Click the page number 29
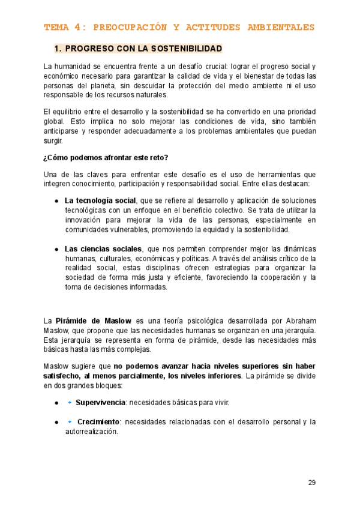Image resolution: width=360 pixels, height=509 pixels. pos(311,482)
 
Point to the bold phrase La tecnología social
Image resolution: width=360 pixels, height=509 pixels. pos(100,200)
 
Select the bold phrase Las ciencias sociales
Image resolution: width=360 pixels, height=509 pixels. pos(103,248)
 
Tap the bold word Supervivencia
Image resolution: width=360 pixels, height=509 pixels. pos(100,402)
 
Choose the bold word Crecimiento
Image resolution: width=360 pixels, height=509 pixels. pos(99,422)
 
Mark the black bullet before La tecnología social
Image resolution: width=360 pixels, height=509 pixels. pos(56,201)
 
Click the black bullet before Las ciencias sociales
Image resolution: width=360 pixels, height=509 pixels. pos(56,249)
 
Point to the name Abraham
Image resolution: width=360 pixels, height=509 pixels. pos(299,321)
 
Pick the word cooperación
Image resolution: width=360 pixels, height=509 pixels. pos(275,277)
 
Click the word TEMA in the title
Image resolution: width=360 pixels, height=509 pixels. pos(56,28)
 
